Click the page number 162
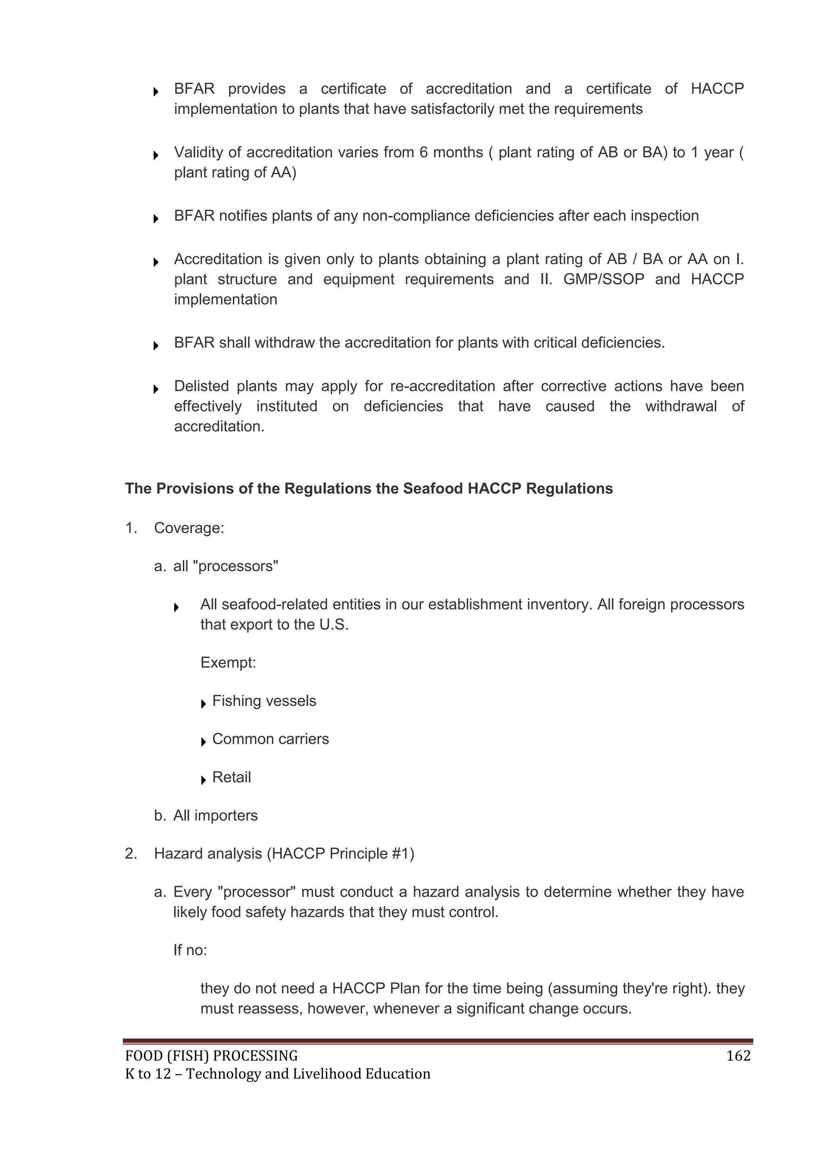pyautogui.click(x=738, y=1056)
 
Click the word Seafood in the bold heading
pyautogui.click(x=433, y=489)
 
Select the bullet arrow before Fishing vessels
pyautogui.click(x=203, y=704)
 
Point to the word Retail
pyautogui.click(x=232, y=777)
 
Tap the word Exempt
pyautogui.click(x=228, y=663)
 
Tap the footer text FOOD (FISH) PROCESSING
pyautogui.click(x=211, y=1056)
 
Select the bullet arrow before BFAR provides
pyautogui.click(x=156, y=92)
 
